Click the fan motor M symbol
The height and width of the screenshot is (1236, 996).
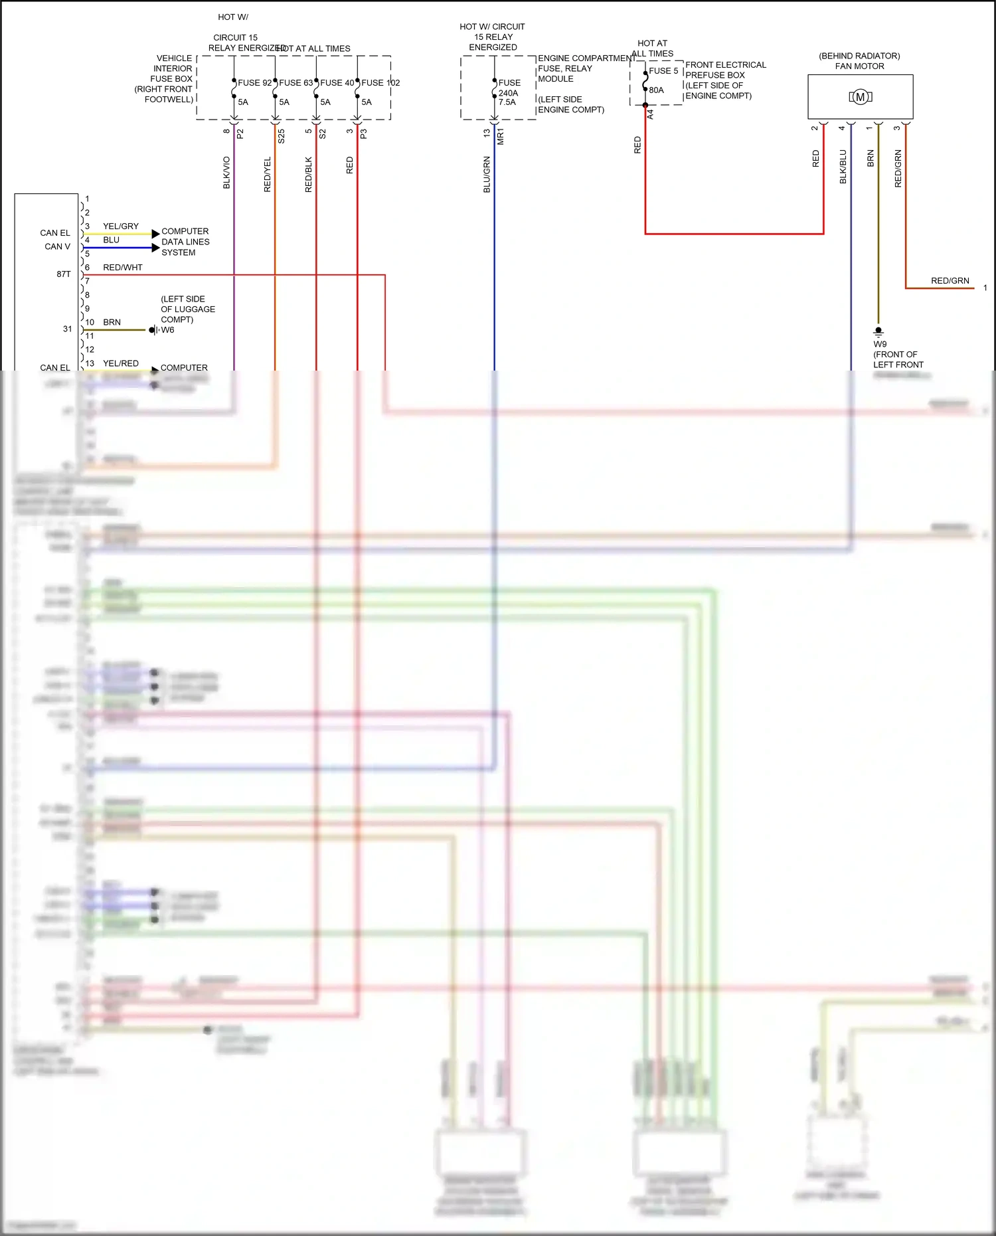pyautogui.click(x=860, y=97)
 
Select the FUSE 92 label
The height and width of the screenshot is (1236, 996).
pyautogui.click(x=254, y=83)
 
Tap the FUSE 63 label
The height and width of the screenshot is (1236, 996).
pyautogui.click(x=295, y=83)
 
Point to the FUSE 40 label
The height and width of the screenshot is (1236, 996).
pyautogui.click(x=337, y=83)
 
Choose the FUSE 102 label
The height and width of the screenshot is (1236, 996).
pyautogui.click(x=380, y=83)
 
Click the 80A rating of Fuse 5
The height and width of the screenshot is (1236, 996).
pyautogui.click(x=656, y=90)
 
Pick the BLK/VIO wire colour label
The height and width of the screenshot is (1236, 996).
pyautogui.click(x=226, y=173)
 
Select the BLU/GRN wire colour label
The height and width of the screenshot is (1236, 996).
pyautogui.click(x=487, y=175)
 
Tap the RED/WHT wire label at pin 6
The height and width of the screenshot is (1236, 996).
pyautogui.click(x=122, y=268)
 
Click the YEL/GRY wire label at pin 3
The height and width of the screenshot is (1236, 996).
pyautogui.click(x=121, y=226)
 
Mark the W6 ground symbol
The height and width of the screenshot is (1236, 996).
pyautogui.click(x=153, y=330)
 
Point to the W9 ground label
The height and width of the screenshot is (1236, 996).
pyautogui.click(x=880, y=344)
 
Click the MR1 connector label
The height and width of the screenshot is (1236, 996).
pyautogui.click(x=501, y=136)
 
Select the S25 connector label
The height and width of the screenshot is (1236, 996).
pyautogui.click(x=282, y=136)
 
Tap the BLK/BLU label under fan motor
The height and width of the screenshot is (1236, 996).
pyautogui.click(x=843, y=167)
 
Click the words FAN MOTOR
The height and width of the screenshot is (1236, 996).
pyautogui.click(x=859, y=66)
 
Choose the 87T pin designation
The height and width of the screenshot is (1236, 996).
pyautogui.click(x=63, y=274)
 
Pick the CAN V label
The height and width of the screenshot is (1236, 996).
pyautogui.click(x=57, y=246)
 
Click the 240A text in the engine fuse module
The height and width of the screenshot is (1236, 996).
pyautogui.click(x=508, y=93)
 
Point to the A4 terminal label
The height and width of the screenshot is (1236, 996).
pyautogui.click(x=651, y=115)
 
